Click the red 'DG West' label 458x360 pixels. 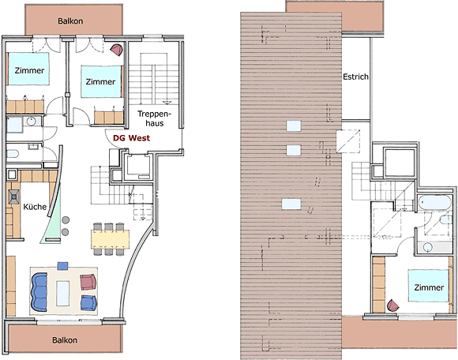(x=131, y=138)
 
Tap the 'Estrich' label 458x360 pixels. (x=355, y=77)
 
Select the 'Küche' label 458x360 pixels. (x=35, y=207)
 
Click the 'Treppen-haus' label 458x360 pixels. (x=155, y=118)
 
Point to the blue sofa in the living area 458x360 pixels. (x=39, y=292)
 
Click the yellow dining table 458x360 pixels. (x=110, y=239)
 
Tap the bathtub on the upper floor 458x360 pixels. (x=435, y=202)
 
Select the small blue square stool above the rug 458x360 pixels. (x=63, y=266)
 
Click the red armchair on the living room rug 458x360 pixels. (x=88, y=282)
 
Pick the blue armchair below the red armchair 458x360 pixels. (x=88, y=303)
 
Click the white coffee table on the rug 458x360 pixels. (x=63, y=293)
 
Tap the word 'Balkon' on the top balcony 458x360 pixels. (x=70, y=21)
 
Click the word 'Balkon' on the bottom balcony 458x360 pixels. (x=65, y=340)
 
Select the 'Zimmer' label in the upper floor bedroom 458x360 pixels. (x=429, y=287)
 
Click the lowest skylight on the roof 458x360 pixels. (x=291, y=204)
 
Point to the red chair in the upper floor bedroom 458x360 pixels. (x=393, y=306)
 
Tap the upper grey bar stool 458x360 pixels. (x=66, y=219)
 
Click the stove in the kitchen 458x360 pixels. (x=13, y=197)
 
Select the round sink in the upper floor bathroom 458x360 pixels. (x=428, y=247)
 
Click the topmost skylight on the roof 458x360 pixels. (x=294, y=126)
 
